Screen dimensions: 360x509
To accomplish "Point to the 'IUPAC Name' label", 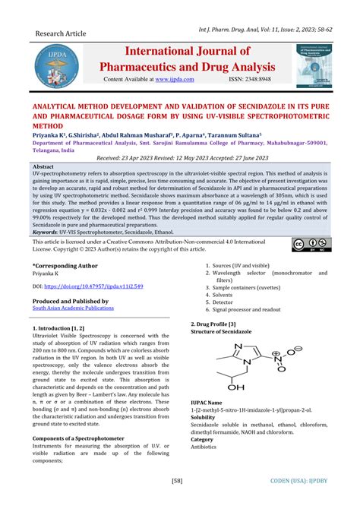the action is [x=207, y=402].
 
